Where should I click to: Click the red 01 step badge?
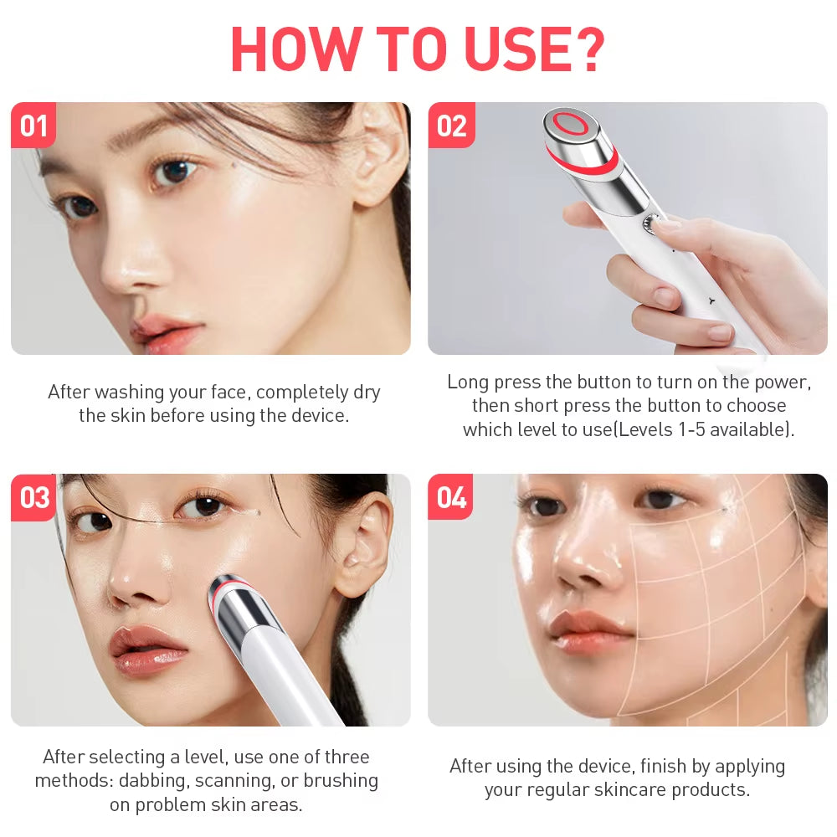click(33, 126)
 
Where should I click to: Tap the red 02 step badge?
click(451, 126)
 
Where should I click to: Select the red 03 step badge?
click(34, 497)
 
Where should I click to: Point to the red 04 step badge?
click(451, 497)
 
